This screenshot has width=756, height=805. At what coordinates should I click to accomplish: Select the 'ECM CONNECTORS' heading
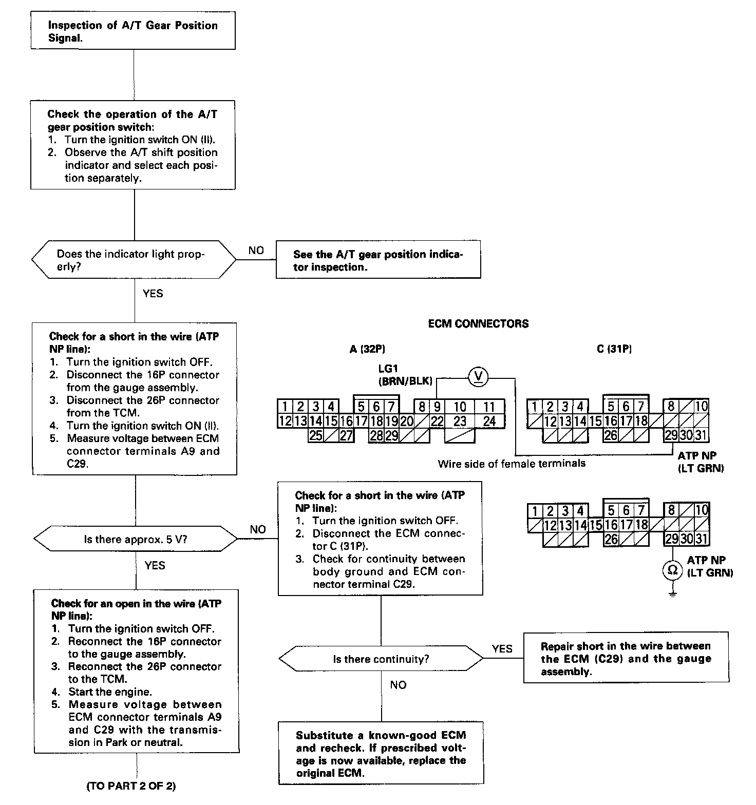(478, 324)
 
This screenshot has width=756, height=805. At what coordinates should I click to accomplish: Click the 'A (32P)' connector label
(367, 350)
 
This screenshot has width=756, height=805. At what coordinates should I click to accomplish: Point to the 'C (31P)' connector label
(614, 350)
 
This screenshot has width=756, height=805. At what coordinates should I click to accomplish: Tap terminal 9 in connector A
(437, 407)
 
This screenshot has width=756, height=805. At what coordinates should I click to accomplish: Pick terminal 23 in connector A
(460, 421)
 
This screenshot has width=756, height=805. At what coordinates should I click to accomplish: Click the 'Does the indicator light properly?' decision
(134, 260)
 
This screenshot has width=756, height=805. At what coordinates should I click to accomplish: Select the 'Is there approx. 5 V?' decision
(136, 539)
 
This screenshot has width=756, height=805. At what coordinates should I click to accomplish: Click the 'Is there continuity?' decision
(381, 659)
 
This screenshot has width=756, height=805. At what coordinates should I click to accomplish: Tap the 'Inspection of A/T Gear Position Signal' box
(133, 32)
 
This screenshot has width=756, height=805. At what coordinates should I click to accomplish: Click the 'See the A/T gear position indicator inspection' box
(378, 261)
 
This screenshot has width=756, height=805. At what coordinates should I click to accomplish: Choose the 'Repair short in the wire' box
(626, 659)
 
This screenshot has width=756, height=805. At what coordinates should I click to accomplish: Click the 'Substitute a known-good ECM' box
(381, 754)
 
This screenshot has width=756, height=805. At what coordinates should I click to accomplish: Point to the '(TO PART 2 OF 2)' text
(131, 786)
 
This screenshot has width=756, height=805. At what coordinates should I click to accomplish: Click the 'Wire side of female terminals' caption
(512, 464)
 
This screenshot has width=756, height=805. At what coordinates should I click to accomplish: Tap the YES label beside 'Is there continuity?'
(502, 648)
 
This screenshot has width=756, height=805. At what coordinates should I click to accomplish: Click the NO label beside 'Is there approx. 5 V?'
(258, 529)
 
